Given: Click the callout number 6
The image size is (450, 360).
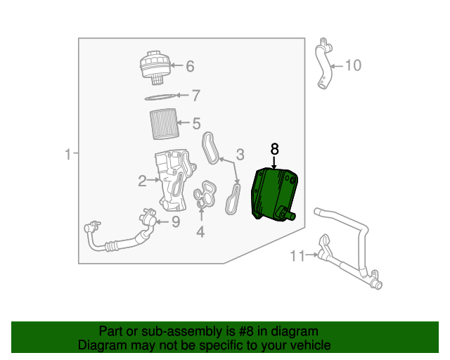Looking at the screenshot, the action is point(190,67).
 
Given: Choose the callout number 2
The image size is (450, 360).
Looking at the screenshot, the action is point(142,181).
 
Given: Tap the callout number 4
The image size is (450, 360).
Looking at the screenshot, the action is point(200,230).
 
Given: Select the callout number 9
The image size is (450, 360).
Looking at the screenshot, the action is point(176,222).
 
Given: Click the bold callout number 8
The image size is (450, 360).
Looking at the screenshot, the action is point(275,149).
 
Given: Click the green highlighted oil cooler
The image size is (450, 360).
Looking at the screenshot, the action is point(274,194).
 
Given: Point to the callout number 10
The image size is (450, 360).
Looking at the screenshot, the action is point(352,66).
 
